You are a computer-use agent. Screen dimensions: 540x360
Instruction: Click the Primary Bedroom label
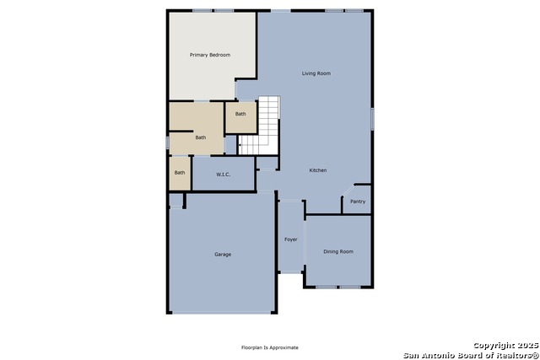(x=210, y=55)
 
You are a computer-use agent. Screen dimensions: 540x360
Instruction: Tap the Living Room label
(x=316, y=73)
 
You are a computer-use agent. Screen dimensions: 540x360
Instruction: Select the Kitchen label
(x=318, y=170)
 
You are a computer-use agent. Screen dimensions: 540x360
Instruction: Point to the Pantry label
(x=358, y=201)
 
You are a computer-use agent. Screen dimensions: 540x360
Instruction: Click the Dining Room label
(x=338, y=251)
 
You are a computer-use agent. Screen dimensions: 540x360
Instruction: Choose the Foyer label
(x=290, y=239)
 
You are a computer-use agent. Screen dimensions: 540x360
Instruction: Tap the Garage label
(x=223, y=255)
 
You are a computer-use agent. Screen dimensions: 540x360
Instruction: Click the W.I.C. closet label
(x=223, y=175)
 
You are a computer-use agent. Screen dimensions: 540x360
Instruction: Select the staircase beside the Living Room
(x=259, y=126)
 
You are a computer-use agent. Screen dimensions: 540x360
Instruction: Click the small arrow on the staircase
(x=240, y=145)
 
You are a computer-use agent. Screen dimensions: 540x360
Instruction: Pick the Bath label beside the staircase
(x=240, y=114)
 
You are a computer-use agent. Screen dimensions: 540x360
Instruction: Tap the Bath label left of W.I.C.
(x=180, y=173)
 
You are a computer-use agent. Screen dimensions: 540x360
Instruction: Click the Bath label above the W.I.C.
(x=201, y=137)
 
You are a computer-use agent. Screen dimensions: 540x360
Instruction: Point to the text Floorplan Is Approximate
(x=270, y=347)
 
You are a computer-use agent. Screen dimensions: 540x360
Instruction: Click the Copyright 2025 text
(x=505, y=345)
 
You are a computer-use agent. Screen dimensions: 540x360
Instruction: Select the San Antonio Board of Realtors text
(x=471, y=355)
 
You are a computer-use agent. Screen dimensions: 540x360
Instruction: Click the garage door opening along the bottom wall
(x=221, y=313)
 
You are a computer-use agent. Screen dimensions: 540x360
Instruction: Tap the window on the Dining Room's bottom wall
(x=338, y=287)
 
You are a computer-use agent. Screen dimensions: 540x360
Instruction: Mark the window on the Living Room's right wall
(x=372, y=119)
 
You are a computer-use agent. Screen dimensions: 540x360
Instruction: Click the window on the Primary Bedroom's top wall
(x=213, y=11)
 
